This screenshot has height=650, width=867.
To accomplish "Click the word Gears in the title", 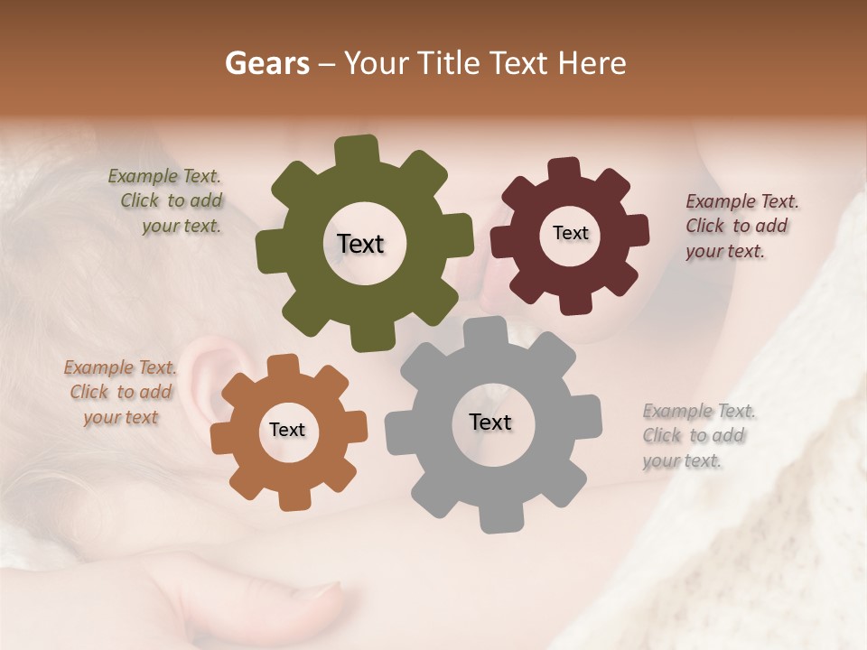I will click(266, 63).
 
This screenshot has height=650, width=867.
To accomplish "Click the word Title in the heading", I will click(452, 63).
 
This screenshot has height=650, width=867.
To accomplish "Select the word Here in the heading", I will click(592, 63).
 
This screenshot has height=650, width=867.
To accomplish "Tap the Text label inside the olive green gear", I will click(360, 244).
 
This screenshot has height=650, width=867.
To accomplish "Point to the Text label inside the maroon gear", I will click(570, 233).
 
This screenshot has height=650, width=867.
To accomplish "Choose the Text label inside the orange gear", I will click(287, 430).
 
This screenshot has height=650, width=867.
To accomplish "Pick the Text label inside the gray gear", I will click(490, 422).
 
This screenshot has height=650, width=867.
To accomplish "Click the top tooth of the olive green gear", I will click(357, 150).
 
